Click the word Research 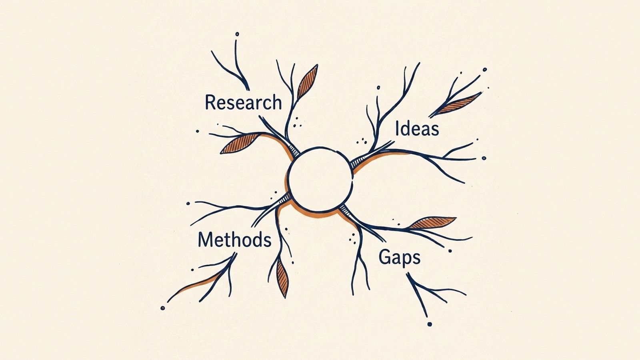pos(244,102)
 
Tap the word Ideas pos(417,128)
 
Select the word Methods pos(234,240)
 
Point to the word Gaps pos(400,258)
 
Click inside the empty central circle pos(320,180)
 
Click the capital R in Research pos(210,102)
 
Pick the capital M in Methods pos(204,240)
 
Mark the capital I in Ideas pos(397,128)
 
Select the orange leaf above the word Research pos(308,82)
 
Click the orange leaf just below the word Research pos(240,143)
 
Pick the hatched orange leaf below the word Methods pos(282,278)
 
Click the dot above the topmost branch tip pos(237,34)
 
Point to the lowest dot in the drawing pos(429,324)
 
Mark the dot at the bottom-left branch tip pos(162,308)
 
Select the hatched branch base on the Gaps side pos(345,210)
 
